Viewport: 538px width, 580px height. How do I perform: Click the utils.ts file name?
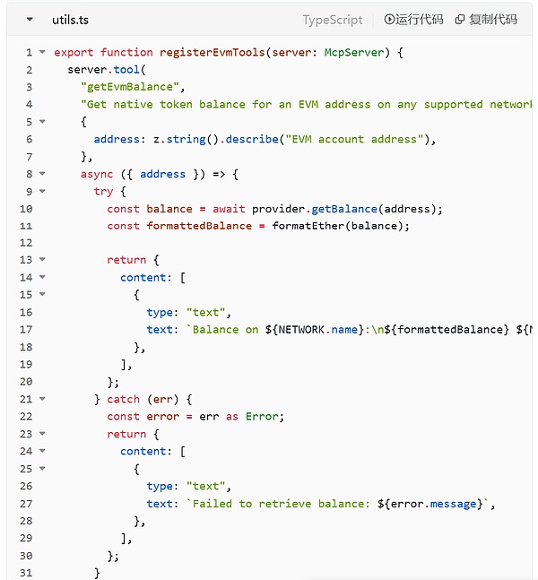(71, 19)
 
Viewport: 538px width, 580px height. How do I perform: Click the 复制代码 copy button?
(486, 19)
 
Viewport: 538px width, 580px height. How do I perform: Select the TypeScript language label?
(333, 19)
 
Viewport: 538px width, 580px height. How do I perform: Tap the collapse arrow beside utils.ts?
(30, 19)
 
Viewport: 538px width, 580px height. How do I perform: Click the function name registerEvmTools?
(213, 53)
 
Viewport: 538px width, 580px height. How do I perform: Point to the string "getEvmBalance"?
(130, 87)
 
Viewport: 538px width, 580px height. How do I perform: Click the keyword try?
(103, 191)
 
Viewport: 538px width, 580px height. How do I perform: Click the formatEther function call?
(308, 226)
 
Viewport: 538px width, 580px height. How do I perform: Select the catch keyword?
(123, 399)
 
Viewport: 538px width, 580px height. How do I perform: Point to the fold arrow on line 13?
(42, 260)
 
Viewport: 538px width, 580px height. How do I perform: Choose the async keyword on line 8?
(97, 174)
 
